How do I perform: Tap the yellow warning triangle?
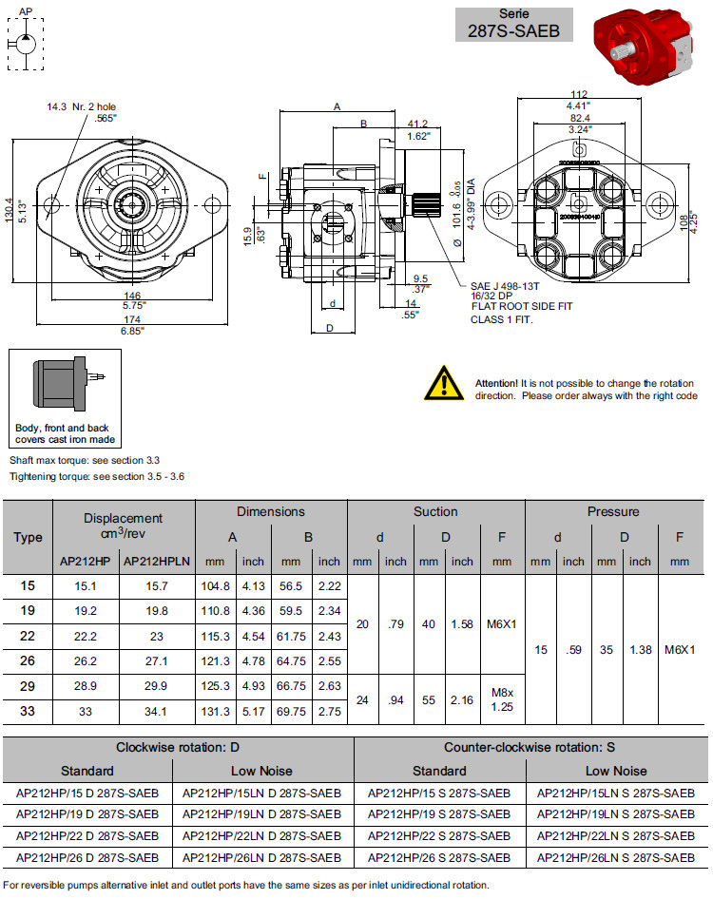pyautogui.click(x=443, y=382)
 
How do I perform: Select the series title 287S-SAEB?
pyautogui.click(x=513, y=30)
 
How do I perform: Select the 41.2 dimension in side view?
pyautogui.click(x=416, y=124)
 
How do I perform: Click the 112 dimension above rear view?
pyautogui.click(x=580, y=93)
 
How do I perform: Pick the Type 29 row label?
pyautogui.click(x=28, y=685)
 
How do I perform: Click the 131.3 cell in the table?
pyautogui.click(x=215, y=712)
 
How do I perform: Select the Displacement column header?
pyautogui.click(x=124, y=526)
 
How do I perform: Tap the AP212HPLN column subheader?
pyautogui.click(x=157, y=562)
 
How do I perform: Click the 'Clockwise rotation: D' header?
pyautogui.click(x=178, y=747)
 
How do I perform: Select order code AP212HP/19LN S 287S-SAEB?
pyautogui.click(x=615, y=814)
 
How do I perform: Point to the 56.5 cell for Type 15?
pyautogui.click(x=290, y=586)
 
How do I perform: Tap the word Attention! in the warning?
pyautogui.click(x=497, y=383)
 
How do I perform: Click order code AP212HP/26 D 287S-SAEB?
pyautogui.click(x=87, y=858)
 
